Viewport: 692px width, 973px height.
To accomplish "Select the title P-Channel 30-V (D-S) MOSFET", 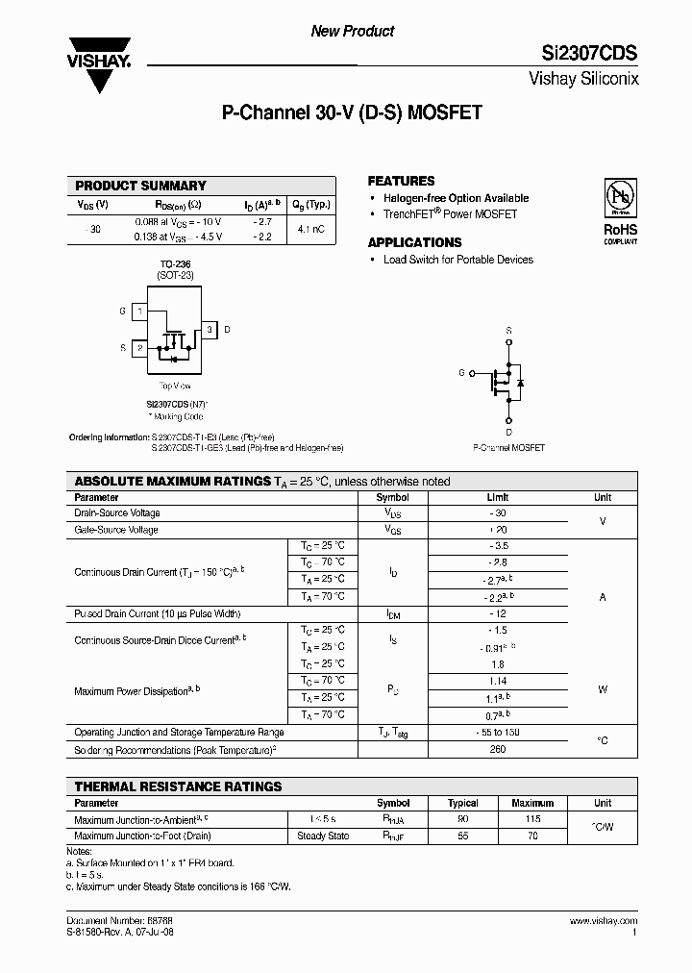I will pyautogui.click(x=352, y=112).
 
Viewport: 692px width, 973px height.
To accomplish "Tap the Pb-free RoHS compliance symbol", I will pyautogui.click(x=620, y=196).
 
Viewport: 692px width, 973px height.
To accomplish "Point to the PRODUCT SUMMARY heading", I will pyautogui.click(x=140, y=186).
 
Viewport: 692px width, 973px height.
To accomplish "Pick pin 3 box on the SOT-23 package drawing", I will pyautogui.click(x=210, y=330).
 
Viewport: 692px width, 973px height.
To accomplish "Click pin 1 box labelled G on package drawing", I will pyautogui.click(x=139, y=312).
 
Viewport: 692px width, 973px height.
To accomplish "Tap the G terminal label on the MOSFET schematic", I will pyautogui.click(x=461, y=372).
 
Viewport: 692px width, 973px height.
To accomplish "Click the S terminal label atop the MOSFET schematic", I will pyautogui.click(x=508, y=330).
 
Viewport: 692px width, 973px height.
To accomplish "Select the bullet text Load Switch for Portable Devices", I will pyautogui.click(x=457, y=260).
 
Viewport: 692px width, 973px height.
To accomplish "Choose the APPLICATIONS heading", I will pyautogui.click(x=414, y=242).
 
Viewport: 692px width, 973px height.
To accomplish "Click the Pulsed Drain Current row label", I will pyautogui.click(x=157, y=613).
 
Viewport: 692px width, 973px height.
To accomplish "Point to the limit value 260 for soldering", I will pyautogui.click(x=497, y=749).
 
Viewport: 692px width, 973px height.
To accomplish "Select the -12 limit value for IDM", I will pyautogui.click(x=497, y=613).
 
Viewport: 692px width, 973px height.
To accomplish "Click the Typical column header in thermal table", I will pyautogui.click(x=463, y=803).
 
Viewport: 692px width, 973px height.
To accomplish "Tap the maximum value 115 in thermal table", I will pyautogui.click(x=533, y=819).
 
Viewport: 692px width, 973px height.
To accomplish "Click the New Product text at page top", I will pyautogui.click(x=352, y=31).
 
